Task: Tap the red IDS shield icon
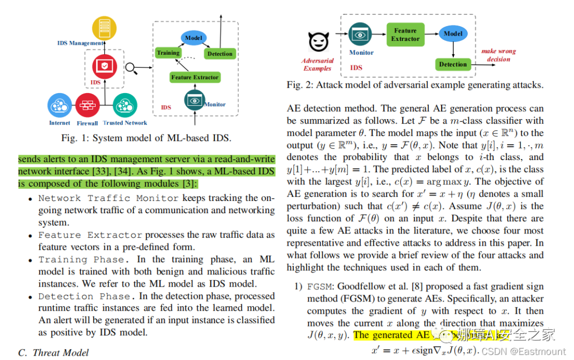104,66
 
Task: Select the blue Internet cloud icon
60,106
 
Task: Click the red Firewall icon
87,106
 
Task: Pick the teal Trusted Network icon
125,105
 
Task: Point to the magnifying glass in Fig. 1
133,69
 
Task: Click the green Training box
168,53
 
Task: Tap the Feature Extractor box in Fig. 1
195,77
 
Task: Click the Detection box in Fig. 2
453,64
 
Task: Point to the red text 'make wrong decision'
499,55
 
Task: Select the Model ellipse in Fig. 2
453,34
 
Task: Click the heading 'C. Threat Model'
54,353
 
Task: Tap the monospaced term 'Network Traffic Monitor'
108,198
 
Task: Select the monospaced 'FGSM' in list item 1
318,286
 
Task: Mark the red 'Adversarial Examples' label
317,64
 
